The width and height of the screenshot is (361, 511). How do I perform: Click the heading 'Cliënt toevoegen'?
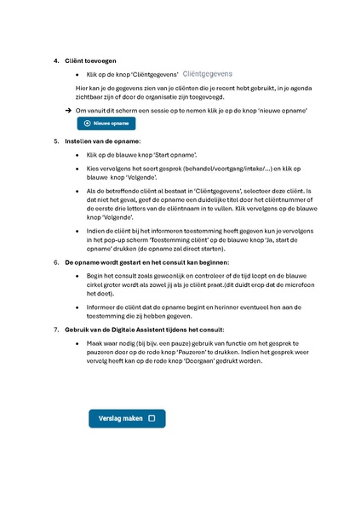pos(91,61)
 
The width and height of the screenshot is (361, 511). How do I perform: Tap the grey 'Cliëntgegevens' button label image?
pos(207,75)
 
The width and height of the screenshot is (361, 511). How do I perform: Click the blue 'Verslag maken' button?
pos(127,418)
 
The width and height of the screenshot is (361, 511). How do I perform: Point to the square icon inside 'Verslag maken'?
pos(152,418)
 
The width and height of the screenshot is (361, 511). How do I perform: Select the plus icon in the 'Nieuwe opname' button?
pos(86,123)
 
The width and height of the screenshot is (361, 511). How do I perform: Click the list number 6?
pos(56,263)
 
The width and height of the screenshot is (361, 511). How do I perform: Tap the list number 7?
pos(56,329)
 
